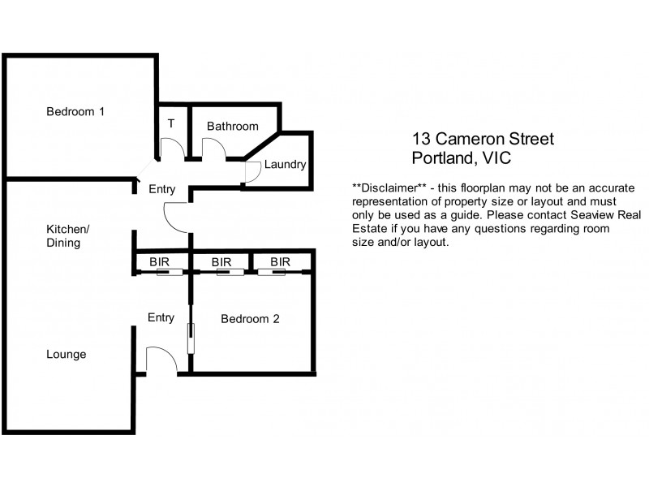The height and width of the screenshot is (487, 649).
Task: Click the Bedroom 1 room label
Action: (x=75, y=112)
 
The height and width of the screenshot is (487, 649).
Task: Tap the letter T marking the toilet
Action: (x=171, y=124)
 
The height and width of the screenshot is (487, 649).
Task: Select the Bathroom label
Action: (x=232, y=127)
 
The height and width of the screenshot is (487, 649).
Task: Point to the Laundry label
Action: (x=285, y=165)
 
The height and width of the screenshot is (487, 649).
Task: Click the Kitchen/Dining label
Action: (x=67, y=235)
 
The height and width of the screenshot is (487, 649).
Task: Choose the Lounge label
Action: (x=67, y=355)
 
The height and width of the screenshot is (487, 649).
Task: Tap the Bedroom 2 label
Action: (x=250, y=319)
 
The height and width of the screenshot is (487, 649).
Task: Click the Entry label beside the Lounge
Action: (x=161, y=317)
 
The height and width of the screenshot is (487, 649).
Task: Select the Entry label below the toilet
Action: (x=161, y=189)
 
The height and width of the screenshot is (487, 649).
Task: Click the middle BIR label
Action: (x=221, y=262)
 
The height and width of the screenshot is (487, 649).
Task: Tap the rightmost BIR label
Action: (x=280, y=262)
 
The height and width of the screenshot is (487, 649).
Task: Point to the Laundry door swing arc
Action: (x=252, y=170)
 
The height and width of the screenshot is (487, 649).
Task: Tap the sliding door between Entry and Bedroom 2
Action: (x=191, y=338)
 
